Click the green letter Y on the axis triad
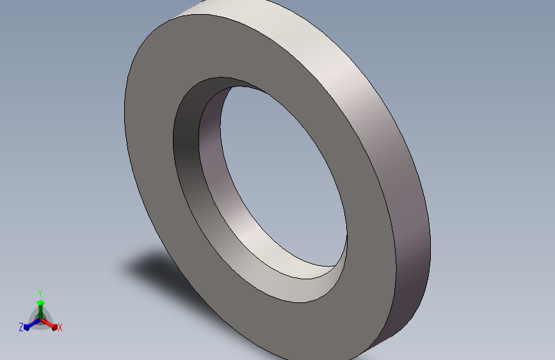40,293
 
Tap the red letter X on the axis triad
60,327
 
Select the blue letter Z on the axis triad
21,327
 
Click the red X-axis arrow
49,324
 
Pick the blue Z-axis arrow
32,324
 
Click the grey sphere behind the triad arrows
40,319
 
